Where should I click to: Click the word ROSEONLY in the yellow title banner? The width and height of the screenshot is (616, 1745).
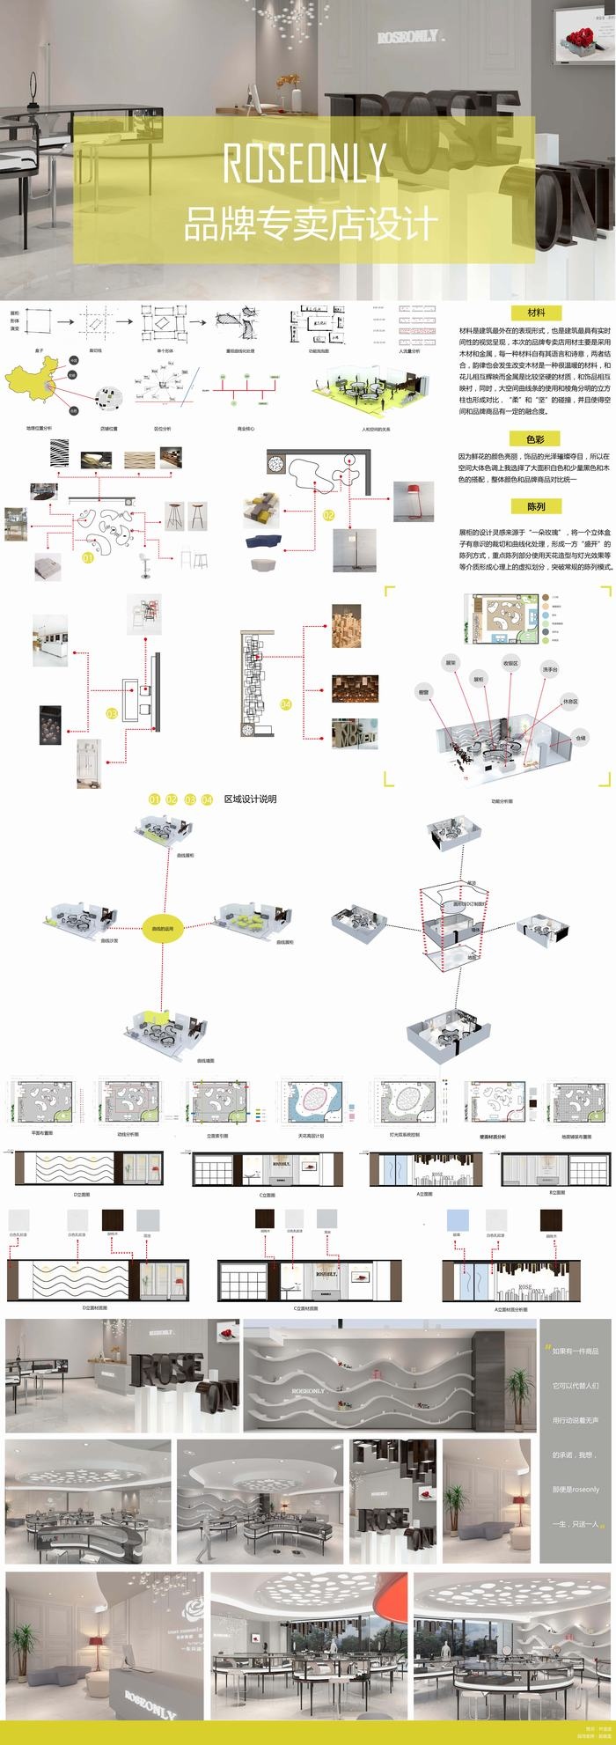[x=304, y=164]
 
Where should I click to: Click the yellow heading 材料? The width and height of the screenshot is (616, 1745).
[x=536, y=313]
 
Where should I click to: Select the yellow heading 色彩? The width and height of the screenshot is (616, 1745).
[x=536, y=438]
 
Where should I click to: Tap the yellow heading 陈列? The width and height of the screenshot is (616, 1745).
[x=536, y=506]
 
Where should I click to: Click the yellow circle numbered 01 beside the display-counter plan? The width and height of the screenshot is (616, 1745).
[x=88, y=557]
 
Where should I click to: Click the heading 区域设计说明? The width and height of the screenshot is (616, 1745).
[x=250, y=799]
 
